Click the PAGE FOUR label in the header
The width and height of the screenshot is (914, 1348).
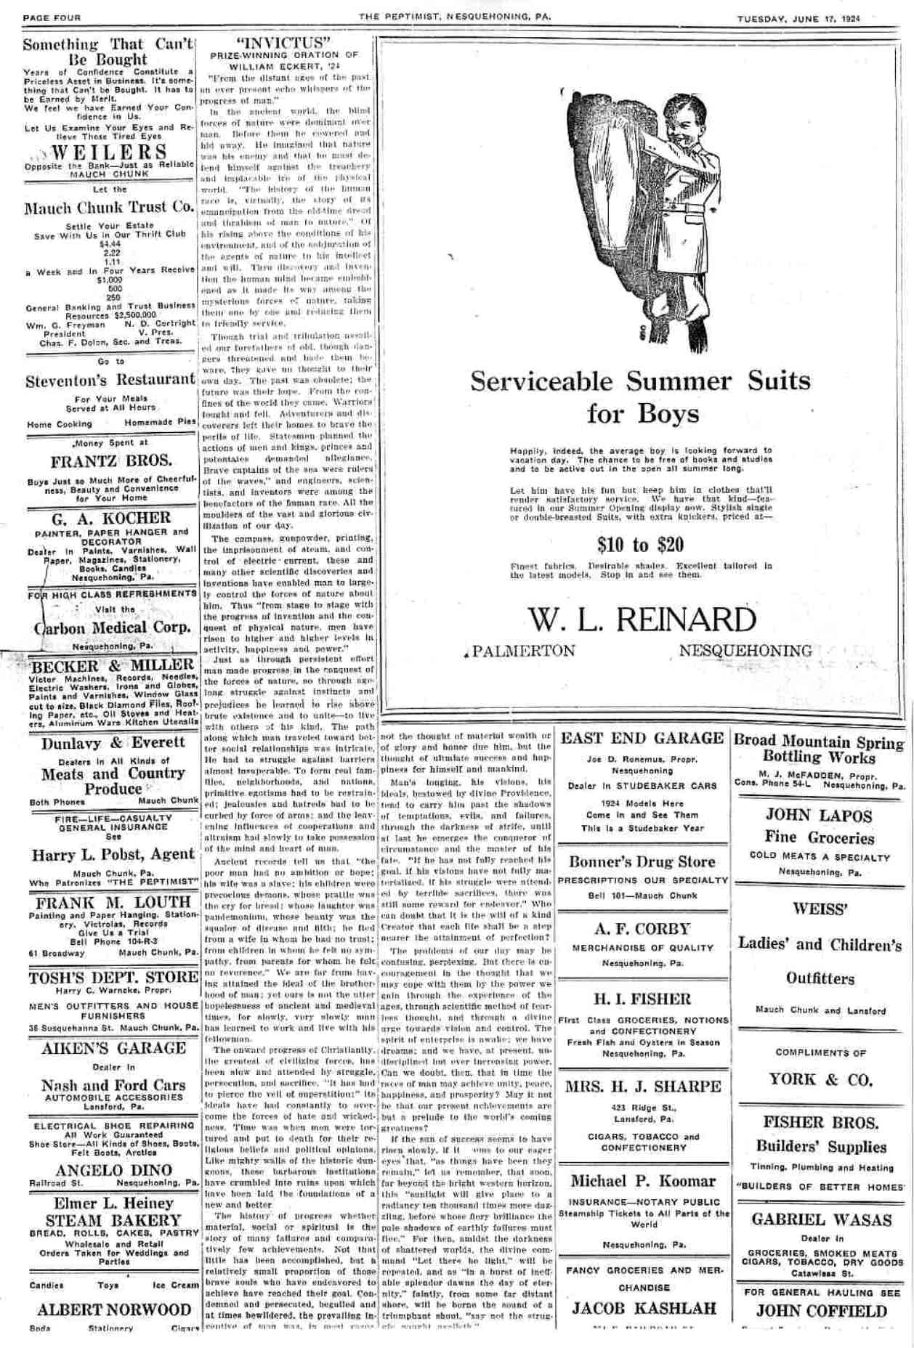click(52, 18)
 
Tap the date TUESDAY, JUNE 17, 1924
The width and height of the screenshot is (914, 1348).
click(798, 18)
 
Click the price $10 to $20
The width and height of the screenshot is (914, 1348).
click(641, 545)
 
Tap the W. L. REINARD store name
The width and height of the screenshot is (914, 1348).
click(641, 620)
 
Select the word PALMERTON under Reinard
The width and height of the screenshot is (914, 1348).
click(524, 651)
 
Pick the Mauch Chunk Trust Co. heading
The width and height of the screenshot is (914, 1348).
click(110, 208)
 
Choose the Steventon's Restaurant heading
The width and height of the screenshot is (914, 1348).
click(110, 379)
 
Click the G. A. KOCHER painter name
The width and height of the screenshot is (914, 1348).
click(111, 518)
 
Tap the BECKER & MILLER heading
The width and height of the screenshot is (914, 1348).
click(111, 666)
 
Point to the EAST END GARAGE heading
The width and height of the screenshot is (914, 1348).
click(642, 739)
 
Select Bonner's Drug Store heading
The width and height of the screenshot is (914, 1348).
click(642, 861)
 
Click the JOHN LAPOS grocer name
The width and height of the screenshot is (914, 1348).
click(819, 815)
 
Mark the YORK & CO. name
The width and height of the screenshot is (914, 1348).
click(820, 1080)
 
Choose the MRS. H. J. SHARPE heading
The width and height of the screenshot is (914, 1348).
click(642, 1087)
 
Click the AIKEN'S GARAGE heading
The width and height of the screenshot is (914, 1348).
click(113, 1048)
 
